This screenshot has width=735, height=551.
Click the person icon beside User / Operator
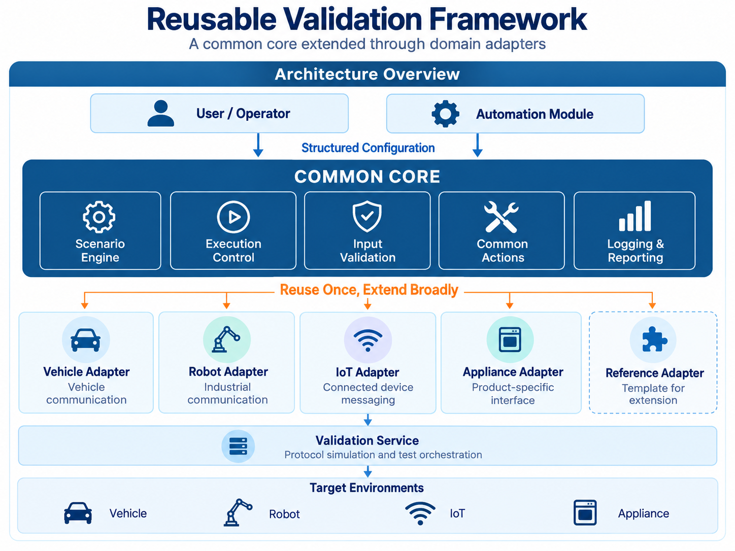(161, 113)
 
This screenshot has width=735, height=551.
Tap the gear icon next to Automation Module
(445, 114)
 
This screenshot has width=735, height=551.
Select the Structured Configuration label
(368, 148)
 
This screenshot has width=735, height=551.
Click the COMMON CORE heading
(367, 177)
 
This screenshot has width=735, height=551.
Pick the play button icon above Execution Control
(233, 217)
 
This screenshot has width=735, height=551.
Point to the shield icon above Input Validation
(367, 216)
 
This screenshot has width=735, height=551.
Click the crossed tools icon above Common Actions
(502, 217)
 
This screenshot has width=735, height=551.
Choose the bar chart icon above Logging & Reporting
(635, 216)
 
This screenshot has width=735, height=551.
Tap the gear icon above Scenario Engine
(99, 217)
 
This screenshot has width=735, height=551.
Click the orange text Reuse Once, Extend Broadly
(369, 290)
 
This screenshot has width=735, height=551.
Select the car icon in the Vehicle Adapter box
(86, 340)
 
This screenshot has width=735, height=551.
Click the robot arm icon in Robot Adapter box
(226, 339)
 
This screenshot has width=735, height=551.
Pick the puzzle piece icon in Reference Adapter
(654, 339)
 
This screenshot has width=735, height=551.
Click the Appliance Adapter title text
(513, 372)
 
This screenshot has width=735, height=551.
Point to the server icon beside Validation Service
(238, 446)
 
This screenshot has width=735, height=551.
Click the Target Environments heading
(366, 488)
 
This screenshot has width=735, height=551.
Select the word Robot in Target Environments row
(284, 514)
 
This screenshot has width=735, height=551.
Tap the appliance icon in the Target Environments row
(585, 513)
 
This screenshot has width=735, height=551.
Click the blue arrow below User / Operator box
(258, 145)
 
